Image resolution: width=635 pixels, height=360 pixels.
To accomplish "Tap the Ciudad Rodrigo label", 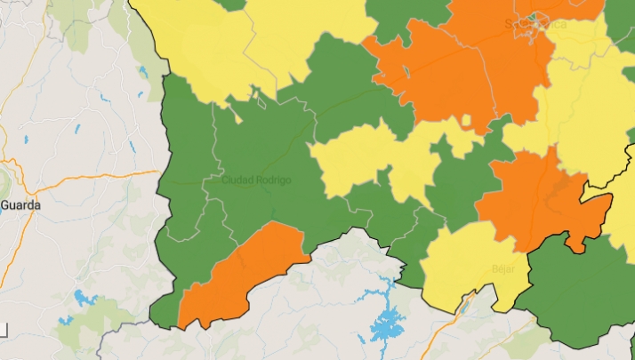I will (256, 180).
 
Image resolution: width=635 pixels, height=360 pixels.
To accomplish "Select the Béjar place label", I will (503, 268).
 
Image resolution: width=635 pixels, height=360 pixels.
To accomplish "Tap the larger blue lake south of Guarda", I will (86, 298).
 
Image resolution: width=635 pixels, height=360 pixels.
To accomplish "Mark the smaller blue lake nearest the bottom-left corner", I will (64, 320).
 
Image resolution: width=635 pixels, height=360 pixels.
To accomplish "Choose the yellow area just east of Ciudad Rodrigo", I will (356, 160).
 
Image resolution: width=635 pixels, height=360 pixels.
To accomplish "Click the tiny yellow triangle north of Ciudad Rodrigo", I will (236, 114).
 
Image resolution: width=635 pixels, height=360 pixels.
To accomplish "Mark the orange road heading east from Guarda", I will (89, 178).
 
